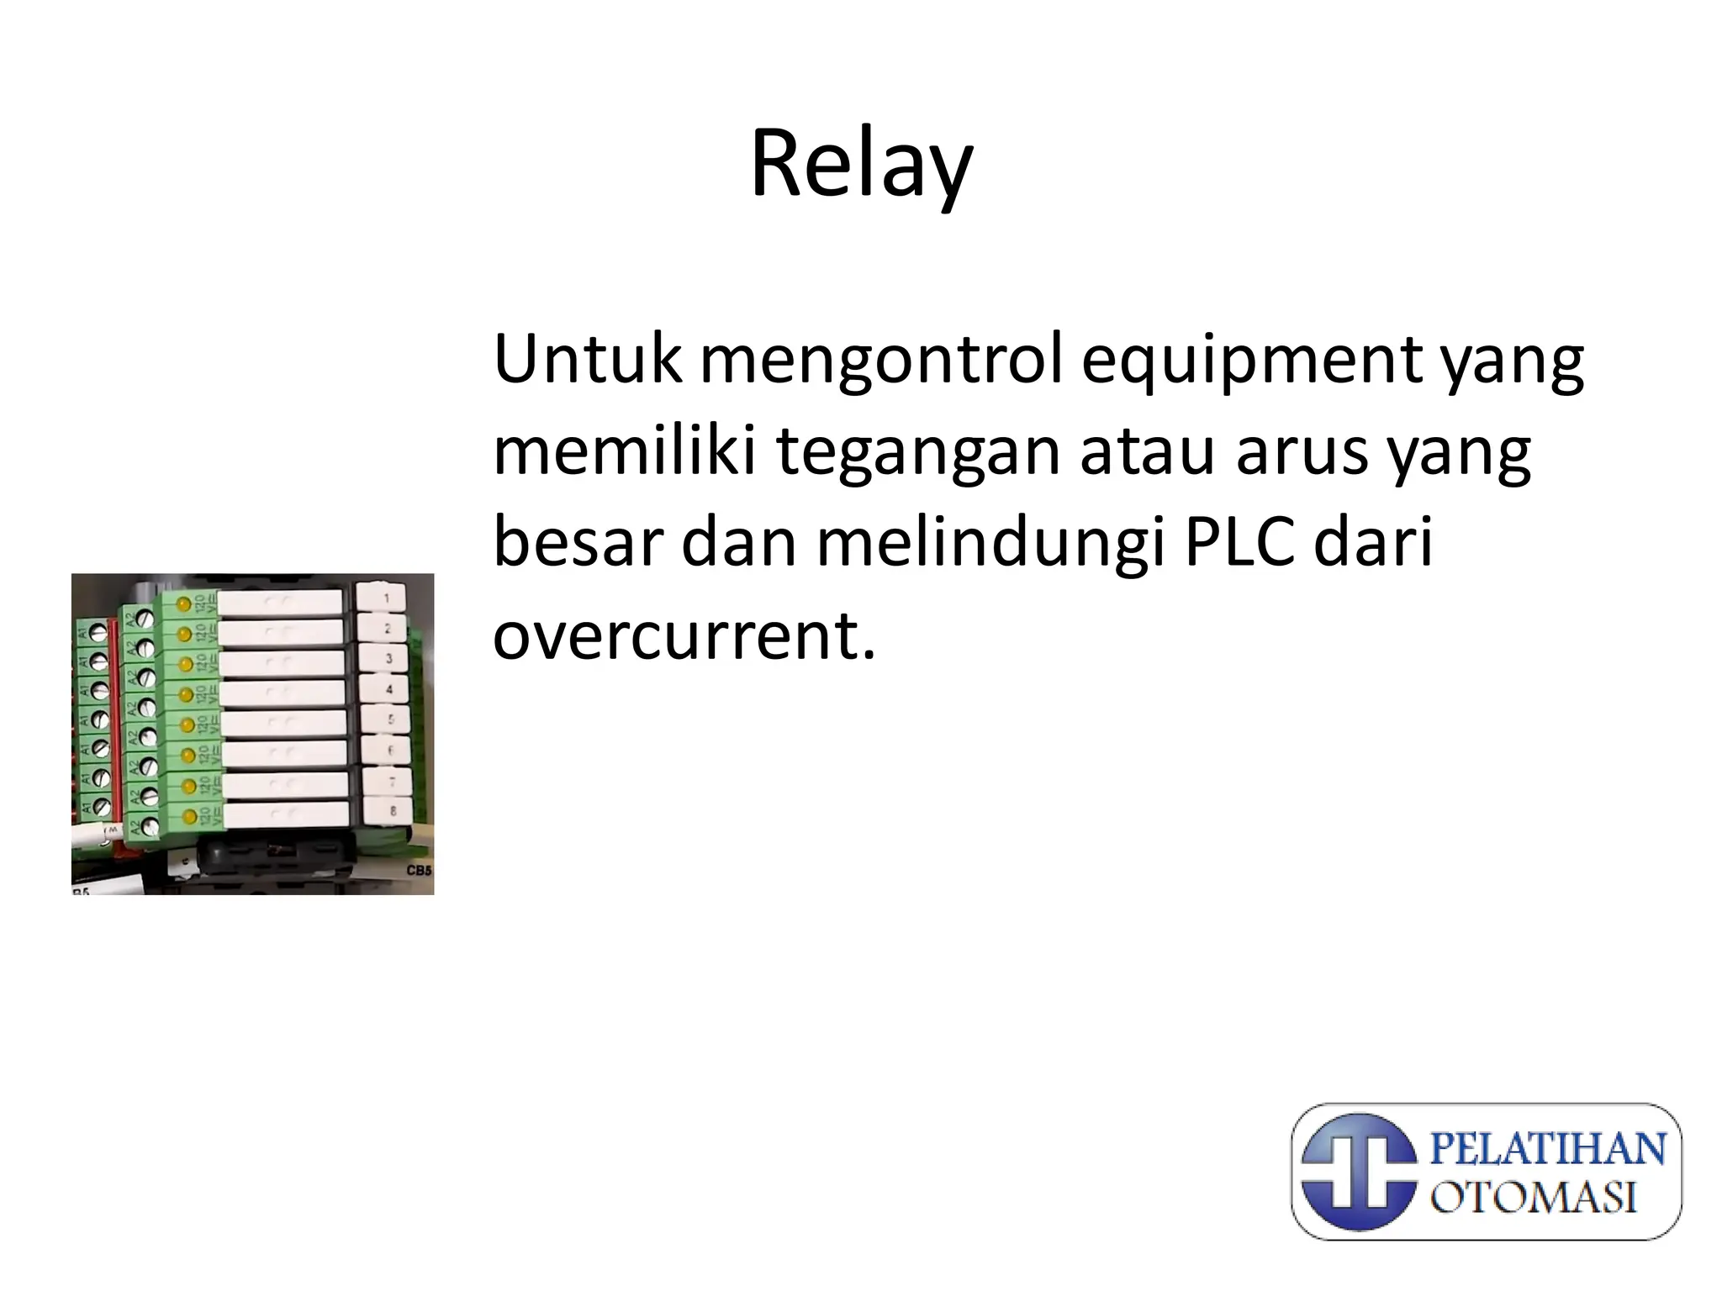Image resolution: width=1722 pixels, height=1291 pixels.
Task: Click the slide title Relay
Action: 861,165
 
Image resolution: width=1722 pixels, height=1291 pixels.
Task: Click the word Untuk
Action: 587,360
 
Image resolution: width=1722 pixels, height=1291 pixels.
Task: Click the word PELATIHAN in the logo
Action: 1548,1148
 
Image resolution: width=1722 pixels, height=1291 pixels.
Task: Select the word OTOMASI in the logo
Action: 1534,1197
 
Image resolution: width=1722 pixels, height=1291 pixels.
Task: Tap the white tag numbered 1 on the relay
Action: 384,598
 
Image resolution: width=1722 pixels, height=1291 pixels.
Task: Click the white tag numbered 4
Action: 388,689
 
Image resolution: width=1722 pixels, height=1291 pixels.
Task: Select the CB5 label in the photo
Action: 419,871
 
